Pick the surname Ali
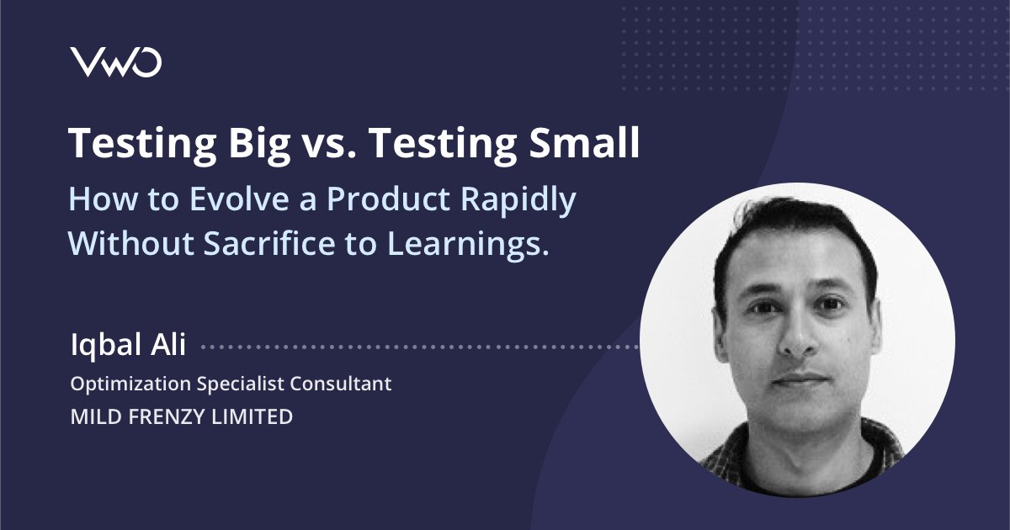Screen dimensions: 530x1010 point(169,344)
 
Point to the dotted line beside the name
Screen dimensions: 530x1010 point(421,346)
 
